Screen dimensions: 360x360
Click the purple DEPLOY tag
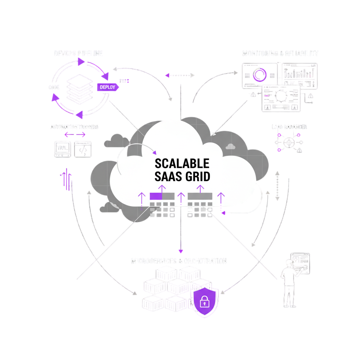pyautogui.click(x=107, y=87)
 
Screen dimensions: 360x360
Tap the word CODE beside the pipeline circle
pyautogui.click(x=54, y=87)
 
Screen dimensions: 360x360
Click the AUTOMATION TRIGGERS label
pyautogui.click(x=75, y=127)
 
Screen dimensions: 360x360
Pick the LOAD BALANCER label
pyautogui.click(x=289, y=127)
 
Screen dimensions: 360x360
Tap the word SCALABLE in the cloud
pyautogui.click(x=182, y=163)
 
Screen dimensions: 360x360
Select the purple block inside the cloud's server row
pyautogui.click(x=156, y=196)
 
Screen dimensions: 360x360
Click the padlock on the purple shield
pyautogui.click(x=204, y=301)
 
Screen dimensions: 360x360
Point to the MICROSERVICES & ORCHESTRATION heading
pyautogui.click(x=179, y=261)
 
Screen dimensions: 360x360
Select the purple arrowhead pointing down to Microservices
pyautogui.click(x=181, y=251)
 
